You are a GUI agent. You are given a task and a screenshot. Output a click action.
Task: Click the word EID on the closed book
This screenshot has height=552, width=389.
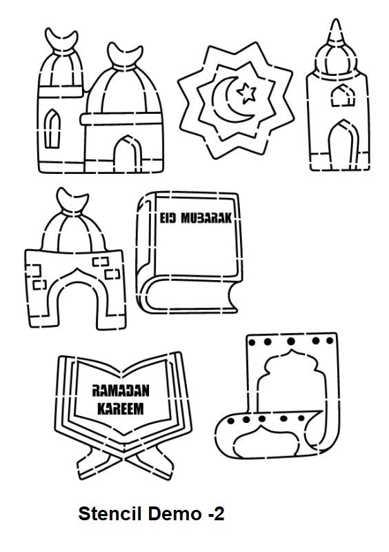(x=168, y=218)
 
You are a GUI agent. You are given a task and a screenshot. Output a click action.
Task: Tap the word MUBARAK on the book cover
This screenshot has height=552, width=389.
(x=207, y=218)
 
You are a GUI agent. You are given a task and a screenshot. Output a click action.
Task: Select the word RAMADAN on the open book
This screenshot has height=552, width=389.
(x=121, y=391)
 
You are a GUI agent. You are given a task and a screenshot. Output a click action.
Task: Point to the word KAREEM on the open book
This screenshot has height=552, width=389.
(x=121, y=409)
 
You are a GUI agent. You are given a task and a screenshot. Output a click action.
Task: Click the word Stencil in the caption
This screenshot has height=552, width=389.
(x=110, y=513)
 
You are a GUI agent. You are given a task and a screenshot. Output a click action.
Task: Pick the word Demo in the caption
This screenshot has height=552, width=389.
(x=174, y=513)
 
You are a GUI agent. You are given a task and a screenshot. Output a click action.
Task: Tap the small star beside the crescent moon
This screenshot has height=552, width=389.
(x=246, y=92)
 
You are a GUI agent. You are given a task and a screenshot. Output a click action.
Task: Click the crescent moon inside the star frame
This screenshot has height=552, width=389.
(x=230, y=99)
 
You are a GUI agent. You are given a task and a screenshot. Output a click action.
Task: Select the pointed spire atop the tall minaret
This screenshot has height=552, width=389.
(x=335, y=32)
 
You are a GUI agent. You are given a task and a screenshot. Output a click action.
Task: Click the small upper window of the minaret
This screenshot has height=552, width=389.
(x=343, y=95)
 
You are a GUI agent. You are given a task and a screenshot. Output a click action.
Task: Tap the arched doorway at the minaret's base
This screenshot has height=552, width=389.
(x=343, y=145)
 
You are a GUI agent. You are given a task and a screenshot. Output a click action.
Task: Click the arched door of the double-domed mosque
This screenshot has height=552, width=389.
(x=128, y=154)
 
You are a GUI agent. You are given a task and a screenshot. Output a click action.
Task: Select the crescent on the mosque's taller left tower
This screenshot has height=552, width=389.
(x=61, y=41)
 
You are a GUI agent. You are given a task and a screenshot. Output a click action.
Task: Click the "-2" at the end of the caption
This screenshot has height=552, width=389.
(x=216, y=514)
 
